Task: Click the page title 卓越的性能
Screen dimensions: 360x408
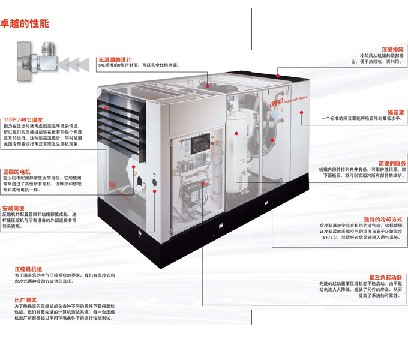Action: pyautogui.click(x=25, y=24)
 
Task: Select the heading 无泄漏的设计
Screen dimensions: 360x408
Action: pyautogui.click(x=115, y=59)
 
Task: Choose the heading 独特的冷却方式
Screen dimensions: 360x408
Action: pyautogui.click(x=382, y=220)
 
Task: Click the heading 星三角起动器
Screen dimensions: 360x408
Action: pyautogui.click(x=386, y=277)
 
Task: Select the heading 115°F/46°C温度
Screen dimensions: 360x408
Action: pyautogui.click(x=23, y=119)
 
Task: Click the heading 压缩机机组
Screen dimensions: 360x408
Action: pyautogui.click(x=29, y=269)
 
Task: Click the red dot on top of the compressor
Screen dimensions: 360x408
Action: pyautogui.click(x=278, y=76)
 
